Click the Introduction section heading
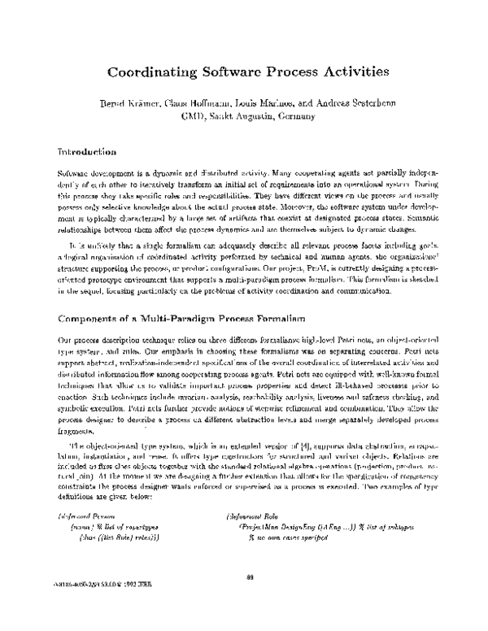[x=86, y=152]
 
